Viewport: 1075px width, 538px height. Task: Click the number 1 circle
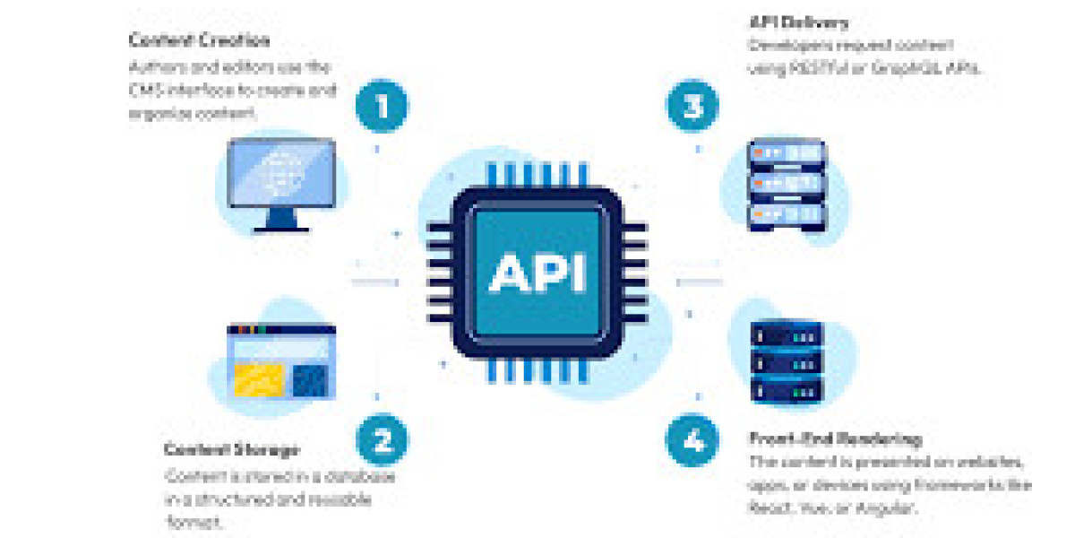[382, 108]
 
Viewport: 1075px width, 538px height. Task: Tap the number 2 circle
[382, 440]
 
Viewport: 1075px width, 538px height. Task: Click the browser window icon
[281, 363]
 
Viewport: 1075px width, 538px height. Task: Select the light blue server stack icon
[786, 184]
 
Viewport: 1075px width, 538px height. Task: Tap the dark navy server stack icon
[786, 363]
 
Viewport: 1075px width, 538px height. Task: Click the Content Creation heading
[199, 40]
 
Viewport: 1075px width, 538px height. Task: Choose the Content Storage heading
[231, 449]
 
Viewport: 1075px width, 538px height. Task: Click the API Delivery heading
[798, 22]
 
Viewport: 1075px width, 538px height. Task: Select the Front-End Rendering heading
[835, 439]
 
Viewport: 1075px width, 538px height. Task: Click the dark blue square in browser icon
[312, 380]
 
